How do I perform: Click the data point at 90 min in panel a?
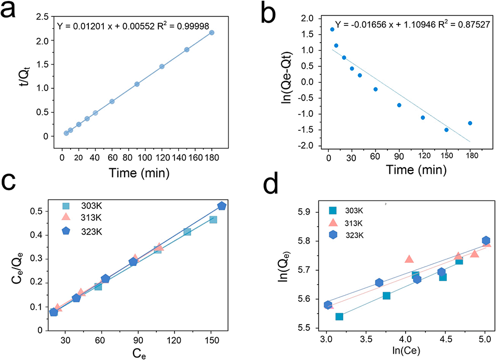[137, 84]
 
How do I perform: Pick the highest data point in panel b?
[332, 29]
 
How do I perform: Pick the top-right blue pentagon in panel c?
[222, 206]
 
